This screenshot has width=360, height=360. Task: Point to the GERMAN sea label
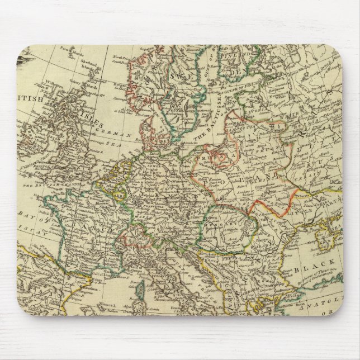tap(117, 134)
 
